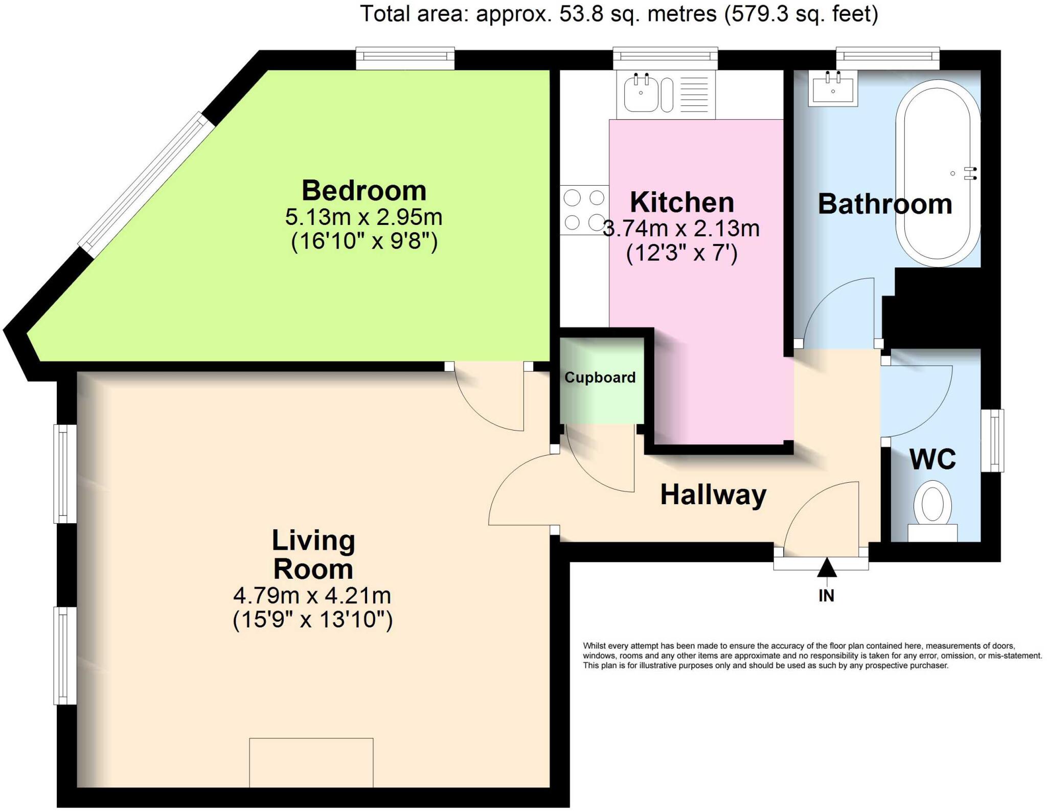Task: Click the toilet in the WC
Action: click(x=932, y=509)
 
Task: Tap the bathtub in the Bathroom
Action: click(x=938, y=174)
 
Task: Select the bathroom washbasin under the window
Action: click(x=833, y=89)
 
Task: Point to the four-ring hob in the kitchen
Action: click(x=584, y=210)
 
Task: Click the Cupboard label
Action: click(x=600, y=377)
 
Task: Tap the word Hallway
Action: click(x=713, y=495)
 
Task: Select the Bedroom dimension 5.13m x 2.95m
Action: click(x=363, y=217)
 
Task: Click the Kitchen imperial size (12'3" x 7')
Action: click(x=681, y=253)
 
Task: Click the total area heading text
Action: click(x=619, y=14)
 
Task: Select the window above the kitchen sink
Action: click(x=665, y=58)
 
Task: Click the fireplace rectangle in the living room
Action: click(x=311, y=762)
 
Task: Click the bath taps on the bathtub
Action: click(x=970, y=174)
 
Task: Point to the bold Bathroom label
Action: click(x=885, y=204)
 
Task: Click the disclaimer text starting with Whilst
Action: click(x=812, y=656)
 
